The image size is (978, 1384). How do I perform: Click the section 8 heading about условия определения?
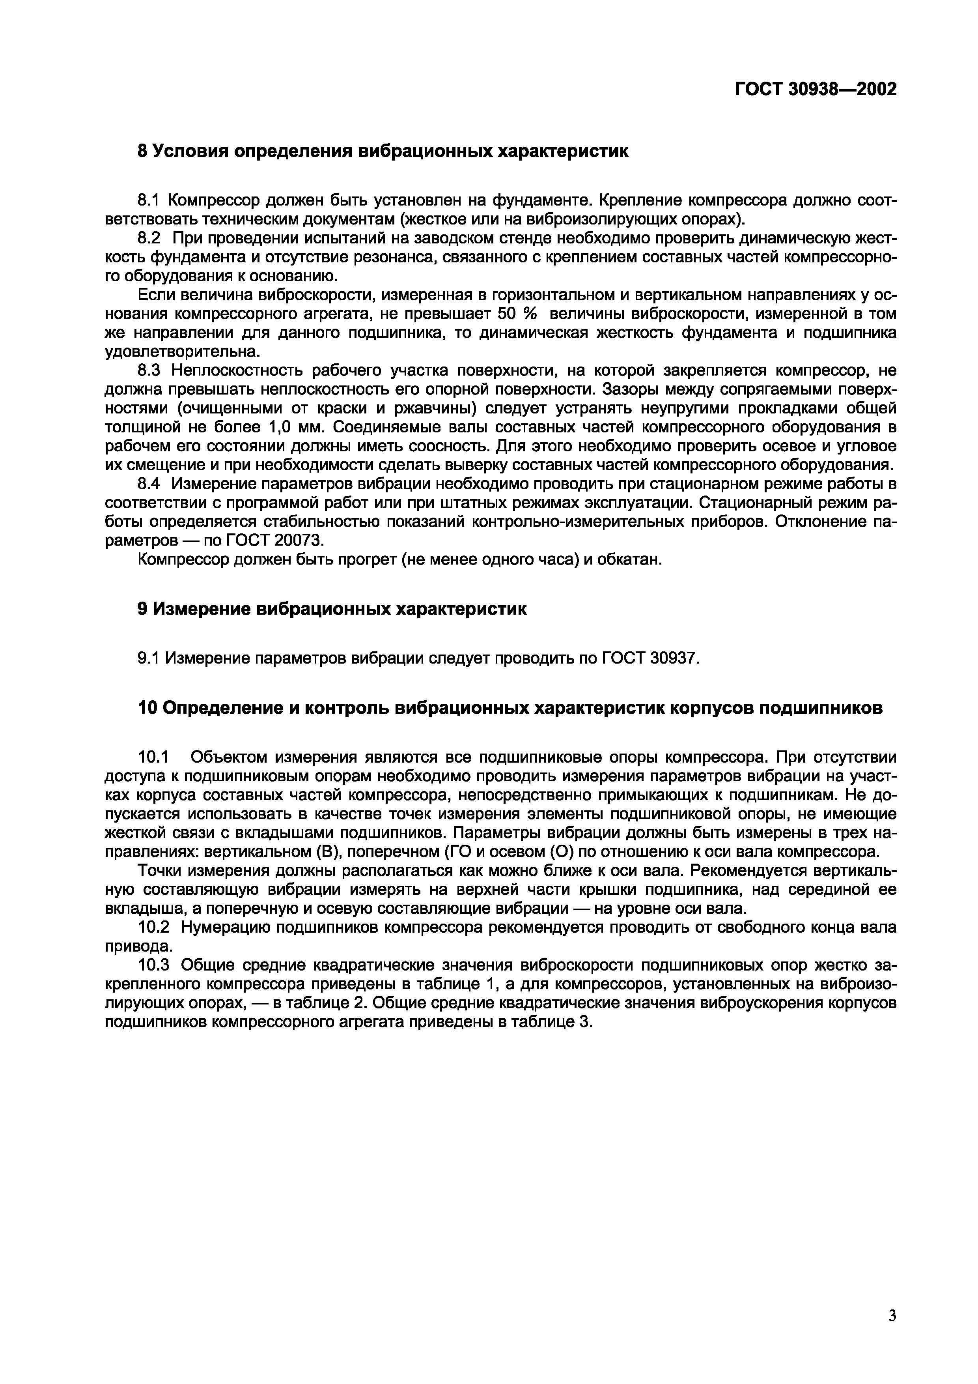coord(383,151)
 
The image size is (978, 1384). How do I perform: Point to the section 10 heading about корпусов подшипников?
coord(510,708)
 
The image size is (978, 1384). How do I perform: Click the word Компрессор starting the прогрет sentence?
coord(183,559)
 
